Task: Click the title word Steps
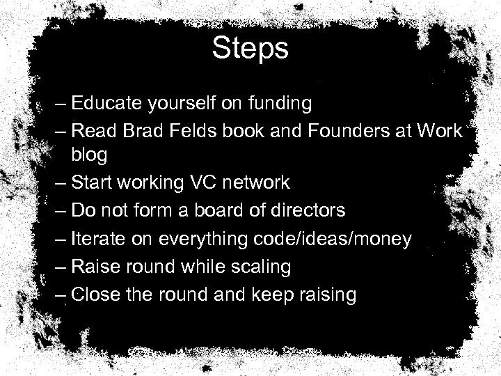(x=250, y=49)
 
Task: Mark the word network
(x=255, y=183)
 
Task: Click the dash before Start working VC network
(x=61, y=183)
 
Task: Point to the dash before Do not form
(x=61, y=210)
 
